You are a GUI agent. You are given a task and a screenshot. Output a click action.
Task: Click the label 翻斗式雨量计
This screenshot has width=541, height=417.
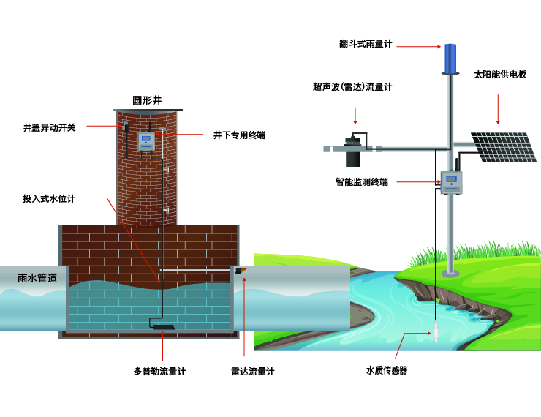(366, 44)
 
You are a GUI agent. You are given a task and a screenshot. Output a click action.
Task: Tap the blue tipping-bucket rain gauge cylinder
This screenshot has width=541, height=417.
(450, 58)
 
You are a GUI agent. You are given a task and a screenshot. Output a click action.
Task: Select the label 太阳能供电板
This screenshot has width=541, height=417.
(500, 75)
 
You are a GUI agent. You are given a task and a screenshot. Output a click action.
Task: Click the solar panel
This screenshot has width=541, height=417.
(504, 146)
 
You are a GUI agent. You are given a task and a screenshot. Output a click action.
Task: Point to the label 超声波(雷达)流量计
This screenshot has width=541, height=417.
(352, 87)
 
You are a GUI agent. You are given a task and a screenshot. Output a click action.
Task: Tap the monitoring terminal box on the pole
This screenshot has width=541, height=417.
(451, 182)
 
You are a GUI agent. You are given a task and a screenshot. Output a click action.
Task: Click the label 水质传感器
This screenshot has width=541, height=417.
(386, 370)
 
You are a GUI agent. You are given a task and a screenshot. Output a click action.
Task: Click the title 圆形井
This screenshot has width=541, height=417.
(146, 100)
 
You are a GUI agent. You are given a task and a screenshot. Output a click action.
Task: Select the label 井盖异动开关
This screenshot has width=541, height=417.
(50, 127)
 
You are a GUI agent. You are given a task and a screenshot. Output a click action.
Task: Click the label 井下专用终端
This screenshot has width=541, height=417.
(239, 135)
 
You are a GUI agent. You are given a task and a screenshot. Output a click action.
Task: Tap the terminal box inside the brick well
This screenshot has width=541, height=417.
(147, 140)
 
